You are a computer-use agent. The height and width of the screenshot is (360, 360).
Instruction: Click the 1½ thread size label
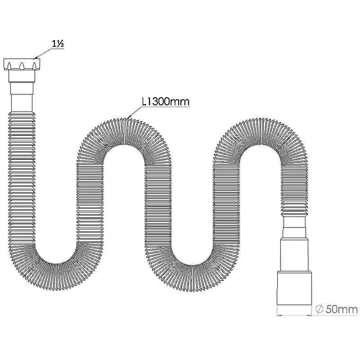tap(58, 44)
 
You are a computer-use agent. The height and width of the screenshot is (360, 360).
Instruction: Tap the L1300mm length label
tap(166, 102)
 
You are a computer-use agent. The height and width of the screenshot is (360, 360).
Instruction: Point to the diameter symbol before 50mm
tap(319, 309)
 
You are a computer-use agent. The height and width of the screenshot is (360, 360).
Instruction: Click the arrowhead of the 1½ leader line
tap(35, 58)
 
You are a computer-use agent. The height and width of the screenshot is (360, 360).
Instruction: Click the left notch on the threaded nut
tap(9, 66)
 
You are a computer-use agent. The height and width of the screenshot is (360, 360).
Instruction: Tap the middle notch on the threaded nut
tap(22, 66)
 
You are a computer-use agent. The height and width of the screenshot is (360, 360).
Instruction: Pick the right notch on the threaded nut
tap(35, 66)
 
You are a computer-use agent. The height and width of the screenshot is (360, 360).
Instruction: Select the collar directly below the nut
tap(22, 76)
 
